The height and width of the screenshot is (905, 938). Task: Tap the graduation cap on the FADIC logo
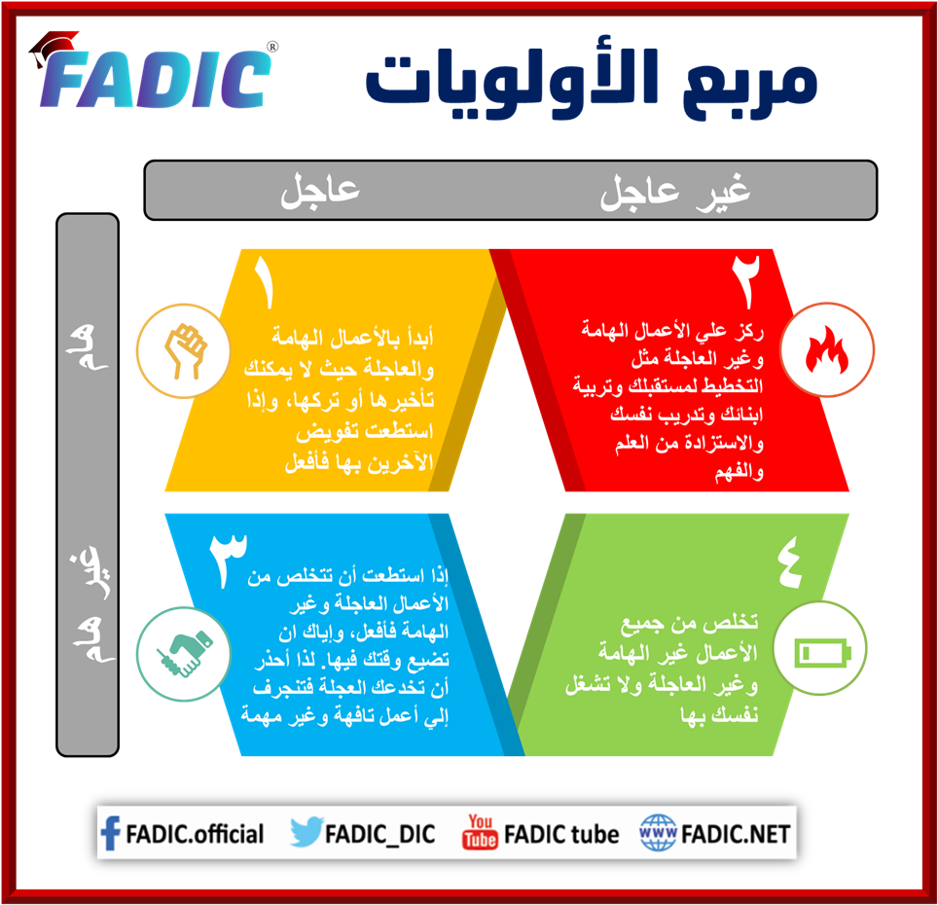(x=54, y=47)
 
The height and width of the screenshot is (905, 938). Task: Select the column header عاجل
(x=320, y=190)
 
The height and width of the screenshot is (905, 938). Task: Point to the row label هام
(x=88, y=351)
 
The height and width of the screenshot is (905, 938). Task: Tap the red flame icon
(x=828, y=349)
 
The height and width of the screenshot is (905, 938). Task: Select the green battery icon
(x=824, y=650)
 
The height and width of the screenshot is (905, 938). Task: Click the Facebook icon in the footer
(x=111, y=833)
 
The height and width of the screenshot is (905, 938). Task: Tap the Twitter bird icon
(x=306, y=833)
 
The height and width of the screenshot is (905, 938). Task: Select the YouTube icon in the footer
(x=480, y=833)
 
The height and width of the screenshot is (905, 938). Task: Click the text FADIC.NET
(x=736, y=833)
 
